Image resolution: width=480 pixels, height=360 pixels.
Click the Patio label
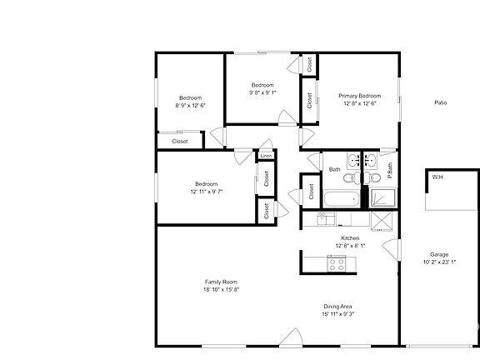click(440, 102)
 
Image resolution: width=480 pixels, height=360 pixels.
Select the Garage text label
click(439, 254)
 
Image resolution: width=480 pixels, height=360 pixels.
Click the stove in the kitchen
click(337, 264)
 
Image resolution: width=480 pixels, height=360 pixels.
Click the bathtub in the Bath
click(340, 199)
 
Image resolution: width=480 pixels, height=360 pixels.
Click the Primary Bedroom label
click(358, 96)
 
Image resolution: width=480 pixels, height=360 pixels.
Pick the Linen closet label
click(266, 156)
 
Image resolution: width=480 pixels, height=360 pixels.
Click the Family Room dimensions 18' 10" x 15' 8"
click(222, 289)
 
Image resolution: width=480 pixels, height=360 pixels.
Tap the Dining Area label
click(337, 306)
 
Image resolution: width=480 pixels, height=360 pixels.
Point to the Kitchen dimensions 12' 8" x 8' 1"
click(350, 246)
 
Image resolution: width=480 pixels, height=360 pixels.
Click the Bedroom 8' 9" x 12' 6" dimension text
click(192, 106)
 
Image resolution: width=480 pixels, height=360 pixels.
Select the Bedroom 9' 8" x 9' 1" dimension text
click(263, 92)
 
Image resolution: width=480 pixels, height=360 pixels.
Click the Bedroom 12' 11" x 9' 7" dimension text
click(207, 192)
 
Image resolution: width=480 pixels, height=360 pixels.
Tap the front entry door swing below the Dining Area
click(291, 337)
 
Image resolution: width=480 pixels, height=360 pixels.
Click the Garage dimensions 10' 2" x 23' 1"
click(439, 262)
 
